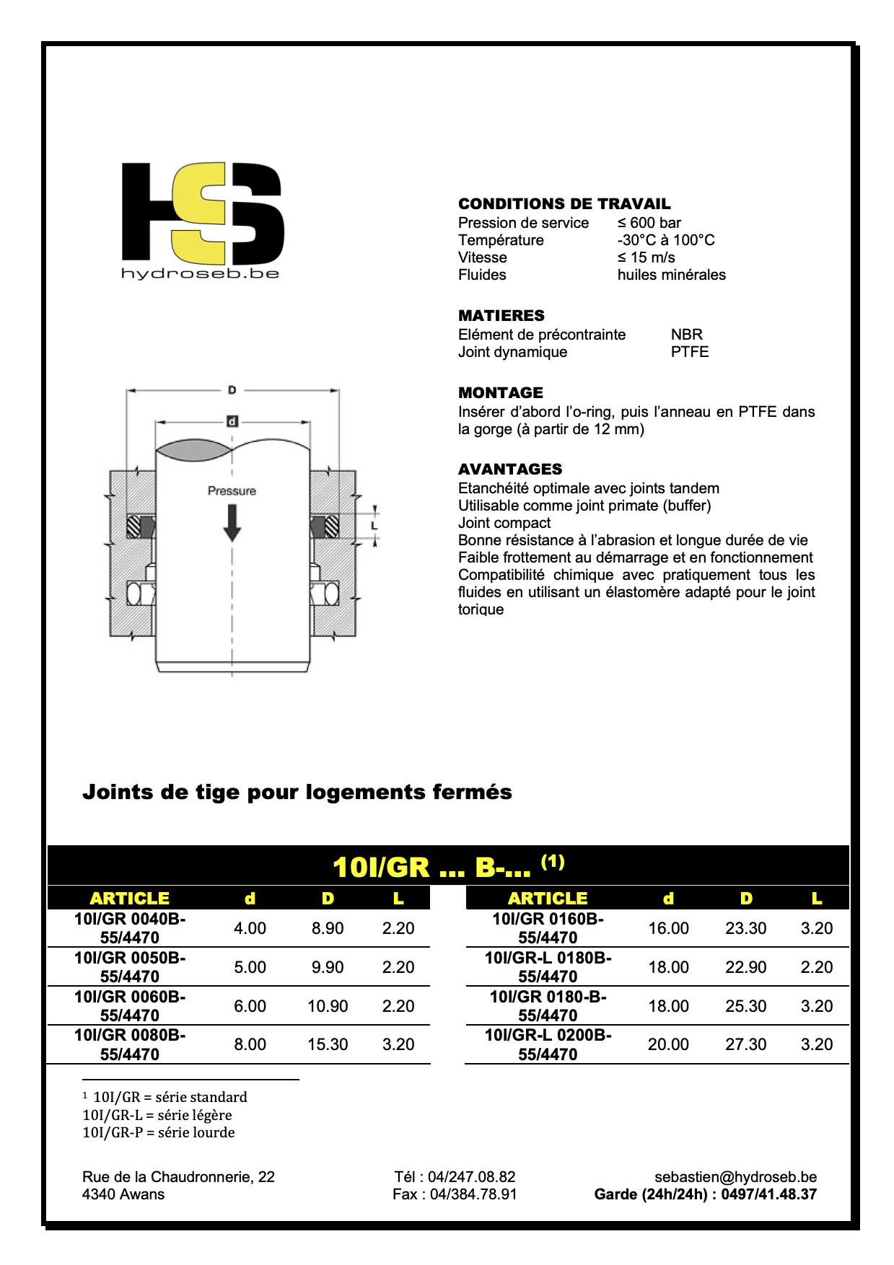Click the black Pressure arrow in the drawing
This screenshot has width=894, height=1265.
(x=232, y=522)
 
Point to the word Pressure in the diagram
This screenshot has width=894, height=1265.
(x=232, y=491)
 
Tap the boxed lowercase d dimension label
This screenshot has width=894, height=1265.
(x=232, y=421)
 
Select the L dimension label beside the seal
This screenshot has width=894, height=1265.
(x=374, y=526)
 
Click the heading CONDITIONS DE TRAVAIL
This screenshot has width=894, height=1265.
(x=564, y=204)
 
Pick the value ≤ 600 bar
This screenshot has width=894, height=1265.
(x=649, y=223)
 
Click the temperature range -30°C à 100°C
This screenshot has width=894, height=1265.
(x=665, y=240)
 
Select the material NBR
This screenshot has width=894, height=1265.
(x=686, y=335)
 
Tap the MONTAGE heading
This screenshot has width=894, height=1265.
(x=501, y=393)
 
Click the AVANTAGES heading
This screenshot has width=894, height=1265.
(x=510, y=470)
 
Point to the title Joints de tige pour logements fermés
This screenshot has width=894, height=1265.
(x=297, y=792)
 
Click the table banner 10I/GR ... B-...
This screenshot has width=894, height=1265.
(x=447, y=866)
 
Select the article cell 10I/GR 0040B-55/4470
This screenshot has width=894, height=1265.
(x=130, y=928)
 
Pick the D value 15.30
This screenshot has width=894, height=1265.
(x=328, y=1044)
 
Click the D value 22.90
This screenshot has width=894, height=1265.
(x=745, y=967)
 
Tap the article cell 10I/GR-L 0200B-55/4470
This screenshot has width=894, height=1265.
(x=548, y=1044)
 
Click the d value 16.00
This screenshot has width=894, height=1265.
(x=668, y=928)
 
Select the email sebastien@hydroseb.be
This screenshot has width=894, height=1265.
(x=735, y=1177)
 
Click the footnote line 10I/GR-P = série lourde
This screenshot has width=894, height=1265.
(x=159, y=1132)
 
